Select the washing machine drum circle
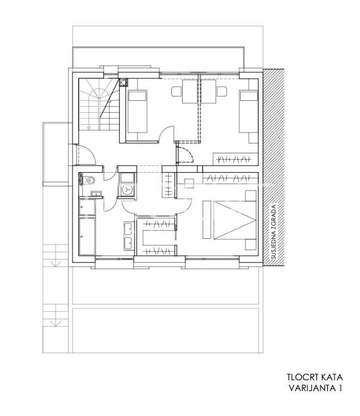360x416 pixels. [127, 189]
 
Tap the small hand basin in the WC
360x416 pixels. [94, 194]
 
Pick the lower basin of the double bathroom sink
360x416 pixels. [128, 243]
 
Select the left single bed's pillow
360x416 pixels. [137, 96]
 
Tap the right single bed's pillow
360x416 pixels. [249, 96]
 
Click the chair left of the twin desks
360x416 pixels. [176, 92]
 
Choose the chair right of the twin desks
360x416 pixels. [222, 92]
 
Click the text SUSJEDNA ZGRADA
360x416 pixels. [274, 231]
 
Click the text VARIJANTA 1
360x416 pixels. [315, 388]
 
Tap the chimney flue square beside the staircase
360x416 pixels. [124, 82]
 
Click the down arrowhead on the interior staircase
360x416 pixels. [89, 128]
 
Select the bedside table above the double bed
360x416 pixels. [250, 196]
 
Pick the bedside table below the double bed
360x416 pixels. [250, 245]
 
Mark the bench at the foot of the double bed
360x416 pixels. [207, 220]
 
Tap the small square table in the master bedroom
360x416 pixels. [189, 183]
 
